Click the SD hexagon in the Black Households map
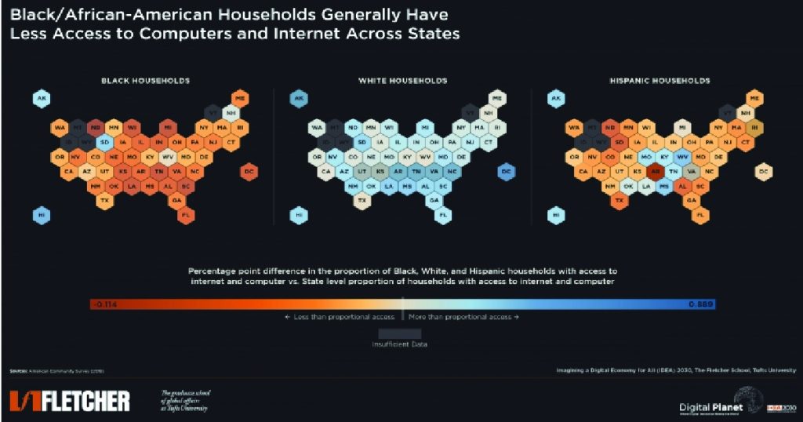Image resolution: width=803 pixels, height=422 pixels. click(x=104, y=142)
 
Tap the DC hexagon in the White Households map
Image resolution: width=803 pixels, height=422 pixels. click(x=506, y=170)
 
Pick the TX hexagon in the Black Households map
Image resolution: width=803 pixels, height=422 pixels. click(x=104, y=200)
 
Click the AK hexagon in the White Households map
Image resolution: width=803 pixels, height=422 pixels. click(x=299, y=98)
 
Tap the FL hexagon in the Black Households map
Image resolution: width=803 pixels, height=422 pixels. click(x=187, y=214)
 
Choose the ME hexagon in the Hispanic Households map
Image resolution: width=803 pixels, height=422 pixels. click(x=754, y=98)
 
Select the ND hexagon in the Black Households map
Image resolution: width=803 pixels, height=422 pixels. click(x=95, y=127)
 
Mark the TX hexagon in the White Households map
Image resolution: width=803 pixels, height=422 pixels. click(x=362, y=200)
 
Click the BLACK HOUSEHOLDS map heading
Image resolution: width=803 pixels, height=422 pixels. click(x=145, y=80)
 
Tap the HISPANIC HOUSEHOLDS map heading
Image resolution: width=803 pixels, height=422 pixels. click(x=659, y=80)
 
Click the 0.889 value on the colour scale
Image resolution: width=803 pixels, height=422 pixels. click(x=700, y=304)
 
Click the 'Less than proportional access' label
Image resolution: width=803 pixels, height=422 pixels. click(x=340, y=317)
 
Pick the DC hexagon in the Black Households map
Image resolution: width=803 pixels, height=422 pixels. click(x=248, y=170)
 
